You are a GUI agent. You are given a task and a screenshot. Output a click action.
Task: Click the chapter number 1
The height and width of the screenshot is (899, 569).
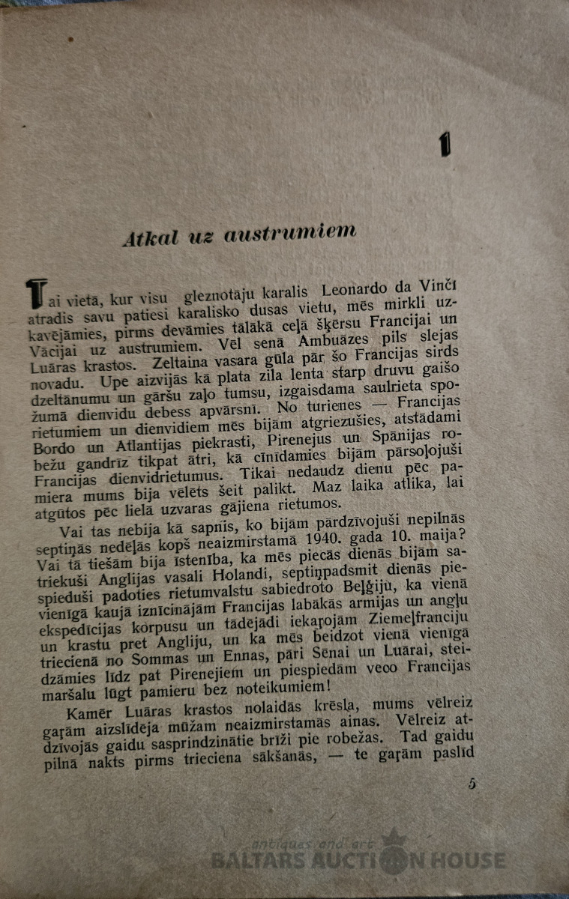[445, 144]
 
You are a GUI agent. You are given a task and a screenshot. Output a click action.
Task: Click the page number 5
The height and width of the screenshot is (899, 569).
[472, 784]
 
